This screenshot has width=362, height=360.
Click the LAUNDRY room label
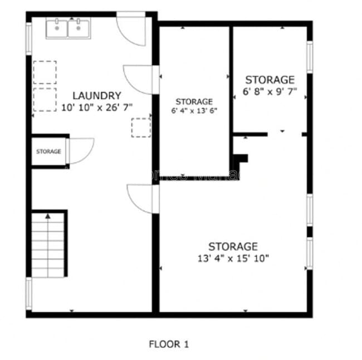[96, 96]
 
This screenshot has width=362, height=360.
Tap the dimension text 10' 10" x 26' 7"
[96, 107]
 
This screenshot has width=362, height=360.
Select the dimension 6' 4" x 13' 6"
[194, 110]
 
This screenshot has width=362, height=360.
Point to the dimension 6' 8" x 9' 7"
[270, 91]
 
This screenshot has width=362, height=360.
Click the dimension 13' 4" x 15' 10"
[233, 258]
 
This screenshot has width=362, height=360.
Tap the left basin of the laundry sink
[57, 28]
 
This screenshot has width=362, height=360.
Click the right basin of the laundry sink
[78, 28]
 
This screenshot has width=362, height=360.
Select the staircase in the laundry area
[48, 245]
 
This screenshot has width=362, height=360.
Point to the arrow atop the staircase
[48, 215]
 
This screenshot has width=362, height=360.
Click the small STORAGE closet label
[48, 151]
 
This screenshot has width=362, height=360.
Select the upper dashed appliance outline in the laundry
[45, 72]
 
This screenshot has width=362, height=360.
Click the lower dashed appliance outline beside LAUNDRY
[45, 99]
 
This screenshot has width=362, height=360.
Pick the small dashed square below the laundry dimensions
[141, 127]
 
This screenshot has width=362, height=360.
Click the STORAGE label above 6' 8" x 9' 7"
[270, 80]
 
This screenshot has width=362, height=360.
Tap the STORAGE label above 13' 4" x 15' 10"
[233, 246]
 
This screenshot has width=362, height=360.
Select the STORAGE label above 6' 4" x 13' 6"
[194, 101]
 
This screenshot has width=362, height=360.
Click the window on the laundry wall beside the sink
[28, 38]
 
